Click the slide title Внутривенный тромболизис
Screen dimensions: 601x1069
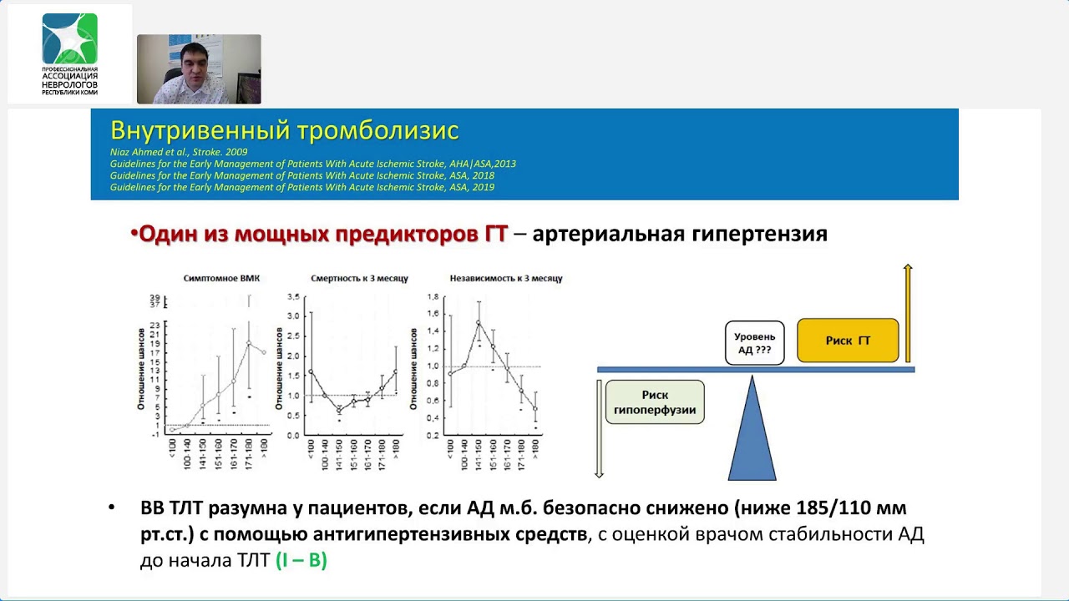click(284, 131)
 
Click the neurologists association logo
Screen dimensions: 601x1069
click(69, 53)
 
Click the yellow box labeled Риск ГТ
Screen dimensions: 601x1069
click(848, 341)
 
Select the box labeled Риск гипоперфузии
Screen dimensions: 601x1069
click(655, 402)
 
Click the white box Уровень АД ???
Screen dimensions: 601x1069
click(754, 343)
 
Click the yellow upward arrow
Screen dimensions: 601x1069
click(908, 313)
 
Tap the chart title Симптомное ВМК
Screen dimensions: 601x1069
click(221, 279)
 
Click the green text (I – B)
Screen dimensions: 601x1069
click(301, 560)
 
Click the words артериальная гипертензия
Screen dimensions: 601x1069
click(679, 235)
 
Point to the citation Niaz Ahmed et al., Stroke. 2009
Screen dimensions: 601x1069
click(179, 153)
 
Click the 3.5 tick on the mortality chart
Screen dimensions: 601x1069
click(293, 297)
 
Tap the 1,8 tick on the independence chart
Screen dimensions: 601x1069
click(433, 297)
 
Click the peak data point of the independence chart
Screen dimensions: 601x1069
click(479, 323)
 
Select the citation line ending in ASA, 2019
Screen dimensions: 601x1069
click(301, 188)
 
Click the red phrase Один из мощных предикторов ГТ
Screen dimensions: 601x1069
click(322, 235)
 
